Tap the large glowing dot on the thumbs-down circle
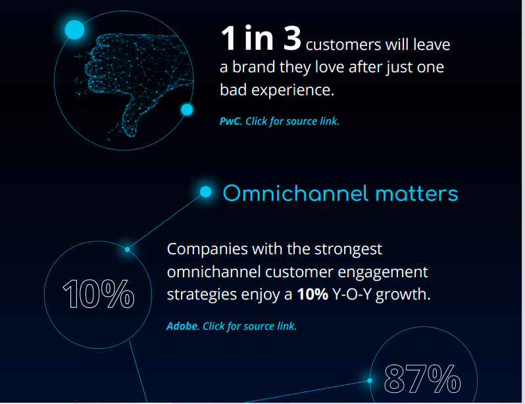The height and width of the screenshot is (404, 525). tap(74, 30)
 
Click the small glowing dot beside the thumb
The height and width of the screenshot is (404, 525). tap(187, 109)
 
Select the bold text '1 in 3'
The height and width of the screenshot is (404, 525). tap(261, 38)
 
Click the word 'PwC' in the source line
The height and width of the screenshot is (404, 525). tap(230, 121)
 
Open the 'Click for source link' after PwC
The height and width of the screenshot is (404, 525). tap(292, 121)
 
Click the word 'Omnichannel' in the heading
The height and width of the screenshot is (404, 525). tap(295, 194)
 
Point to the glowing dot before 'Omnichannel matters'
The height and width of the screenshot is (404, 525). tap(205, 192)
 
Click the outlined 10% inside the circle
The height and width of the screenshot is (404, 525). tap(99, 294)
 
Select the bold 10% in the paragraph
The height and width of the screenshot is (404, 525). tap(312, 294)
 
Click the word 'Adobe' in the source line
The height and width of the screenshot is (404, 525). tap(182, 326)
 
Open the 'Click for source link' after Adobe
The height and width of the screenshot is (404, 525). tap(250, 326)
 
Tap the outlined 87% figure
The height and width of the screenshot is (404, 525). tap(422, 379)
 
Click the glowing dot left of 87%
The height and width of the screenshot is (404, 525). tap(370, 380)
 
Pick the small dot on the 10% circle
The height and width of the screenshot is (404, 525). tap(127, 250)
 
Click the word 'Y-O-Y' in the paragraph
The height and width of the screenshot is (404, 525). tap(352, 294)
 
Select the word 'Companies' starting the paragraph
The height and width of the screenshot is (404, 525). tap(207, 250)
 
